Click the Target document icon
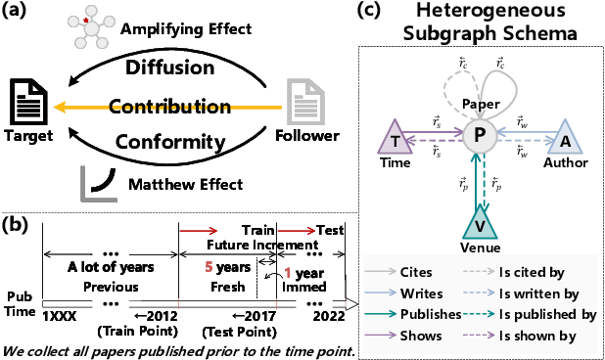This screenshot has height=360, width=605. click(x=27, y=103)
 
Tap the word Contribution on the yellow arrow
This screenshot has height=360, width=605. click(x=163, y=106)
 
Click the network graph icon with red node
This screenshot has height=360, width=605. click(x=91, y=24)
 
